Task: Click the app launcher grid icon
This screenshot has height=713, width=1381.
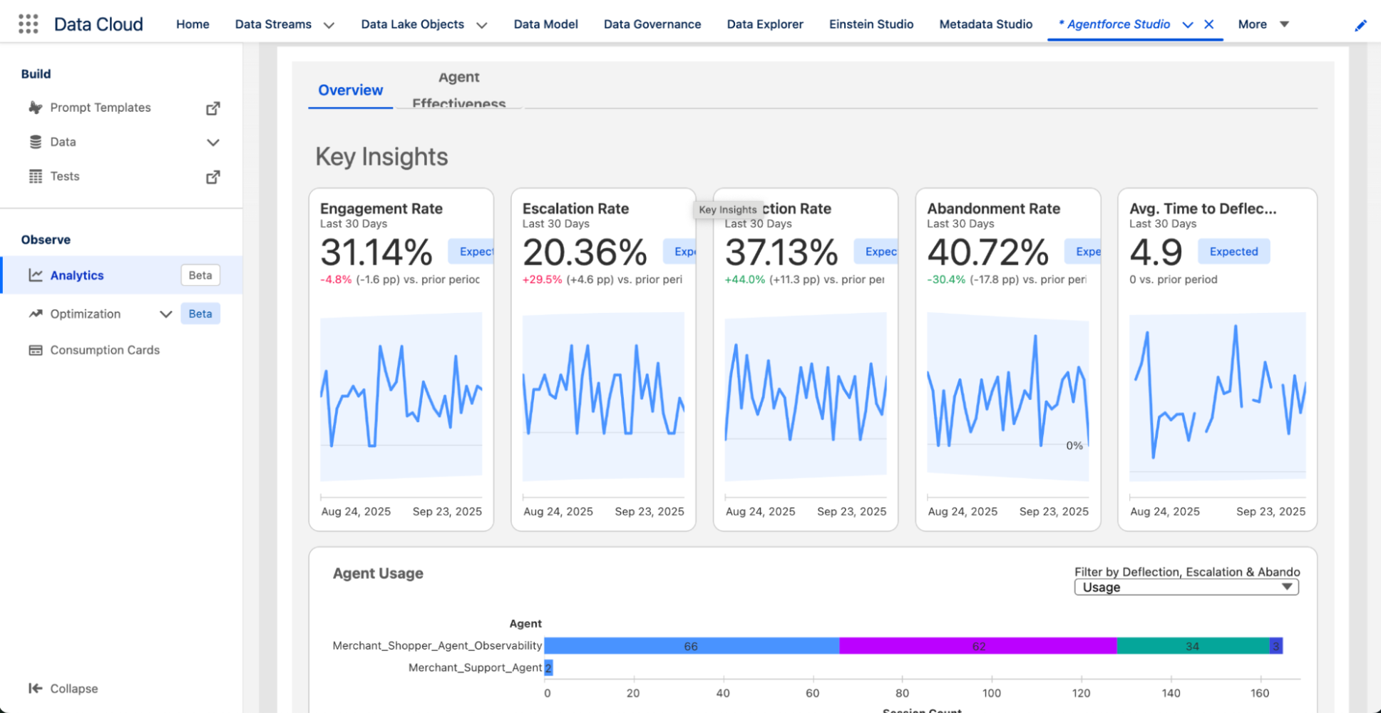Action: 28,24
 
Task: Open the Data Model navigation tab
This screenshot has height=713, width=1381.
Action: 545,24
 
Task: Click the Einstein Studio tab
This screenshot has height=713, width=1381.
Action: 871,24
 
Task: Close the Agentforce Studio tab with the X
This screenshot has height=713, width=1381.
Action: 1209,24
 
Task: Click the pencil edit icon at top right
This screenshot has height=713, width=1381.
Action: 1360,26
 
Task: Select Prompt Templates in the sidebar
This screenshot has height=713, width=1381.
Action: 100,108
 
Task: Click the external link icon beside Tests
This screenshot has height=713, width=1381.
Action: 212,177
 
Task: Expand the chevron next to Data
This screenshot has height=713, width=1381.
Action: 212,143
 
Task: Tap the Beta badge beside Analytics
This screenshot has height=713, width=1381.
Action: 200,275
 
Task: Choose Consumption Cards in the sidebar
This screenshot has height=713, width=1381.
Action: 104,350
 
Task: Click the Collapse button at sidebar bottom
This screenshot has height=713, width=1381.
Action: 63,688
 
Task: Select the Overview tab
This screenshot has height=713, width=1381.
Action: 350,91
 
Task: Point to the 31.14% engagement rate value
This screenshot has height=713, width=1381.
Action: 376,252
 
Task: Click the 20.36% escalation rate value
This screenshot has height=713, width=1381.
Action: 585,252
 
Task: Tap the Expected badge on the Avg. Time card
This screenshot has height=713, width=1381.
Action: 1233,252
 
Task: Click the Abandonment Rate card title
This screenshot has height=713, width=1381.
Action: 993,209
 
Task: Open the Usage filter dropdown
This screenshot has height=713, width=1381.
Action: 1186,588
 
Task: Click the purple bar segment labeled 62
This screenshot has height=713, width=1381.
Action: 977,646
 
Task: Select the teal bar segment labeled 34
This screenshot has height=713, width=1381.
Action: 1192,646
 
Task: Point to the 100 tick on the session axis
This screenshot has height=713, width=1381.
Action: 991,693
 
